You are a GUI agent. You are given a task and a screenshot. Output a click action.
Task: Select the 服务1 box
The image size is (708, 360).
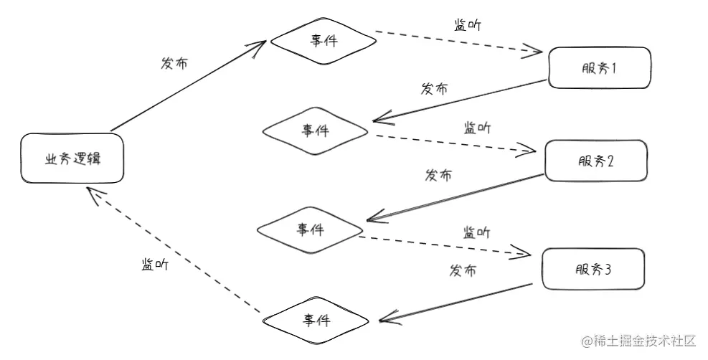[x=598, y=69]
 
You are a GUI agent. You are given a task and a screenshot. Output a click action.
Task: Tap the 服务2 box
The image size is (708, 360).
[x=595, y=161]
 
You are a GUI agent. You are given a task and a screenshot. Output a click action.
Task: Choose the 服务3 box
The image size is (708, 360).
[x=592, y=269]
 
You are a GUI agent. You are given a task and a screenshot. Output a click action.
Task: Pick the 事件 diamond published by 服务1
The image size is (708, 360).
[x=316, y=131]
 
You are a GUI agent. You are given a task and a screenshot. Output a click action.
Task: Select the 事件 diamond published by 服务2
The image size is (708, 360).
[x=311, y=229]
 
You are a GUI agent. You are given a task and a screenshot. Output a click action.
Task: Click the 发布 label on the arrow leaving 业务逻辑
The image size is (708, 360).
[x=174, y=63]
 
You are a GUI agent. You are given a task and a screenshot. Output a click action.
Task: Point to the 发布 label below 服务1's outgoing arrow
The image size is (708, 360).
[x=435, y=90]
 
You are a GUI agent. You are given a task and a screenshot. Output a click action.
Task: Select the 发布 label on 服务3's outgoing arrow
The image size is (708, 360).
[x=463, y=270]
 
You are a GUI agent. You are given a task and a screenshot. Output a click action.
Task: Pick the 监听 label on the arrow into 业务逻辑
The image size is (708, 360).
[x=155, y=264]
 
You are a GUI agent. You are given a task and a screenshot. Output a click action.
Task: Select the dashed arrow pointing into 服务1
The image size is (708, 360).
[x=459, y=42]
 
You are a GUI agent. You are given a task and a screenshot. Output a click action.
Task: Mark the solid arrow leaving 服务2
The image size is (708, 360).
[x=456, y=196]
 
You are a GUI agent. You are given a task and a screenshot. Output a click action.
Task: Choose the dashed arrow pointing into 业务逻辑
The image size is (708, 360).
[x=172, y=251]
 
